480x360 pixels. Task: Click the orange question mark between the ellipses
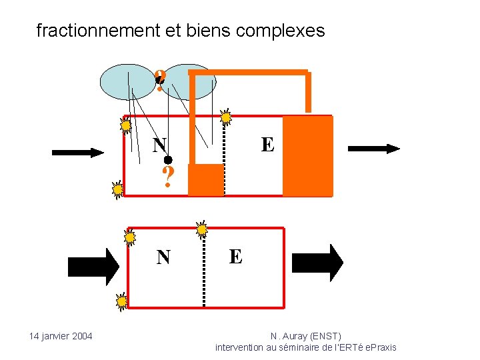(x=160, y=81)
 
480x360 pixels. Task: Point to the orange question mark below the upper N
(x=168, y=177)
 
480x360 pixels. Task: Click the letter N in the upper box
(x=159, y=145)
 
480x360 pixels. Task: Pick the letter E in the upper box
(x=267, y=145)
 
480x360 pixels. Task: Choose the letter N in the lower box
(x=163, y=257)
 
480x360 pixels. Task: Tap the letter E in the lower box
(x=235, y=257)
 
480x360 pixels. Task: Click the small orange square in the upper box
(x=205, y=180)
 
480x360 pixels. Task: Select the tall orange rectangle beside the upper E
(x=307, y=156)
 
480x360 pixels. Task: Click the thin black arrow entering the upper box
(x=78, y=153)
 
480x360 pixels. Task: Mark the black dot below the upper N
(x=169, y=160)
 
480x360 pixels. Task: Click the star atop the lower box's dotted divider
(x=202, y=229)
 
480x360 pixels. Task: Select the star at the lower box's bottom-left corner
(x=122, y=302)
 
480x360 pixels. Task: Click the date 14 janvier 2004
(x=61, y=336)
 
